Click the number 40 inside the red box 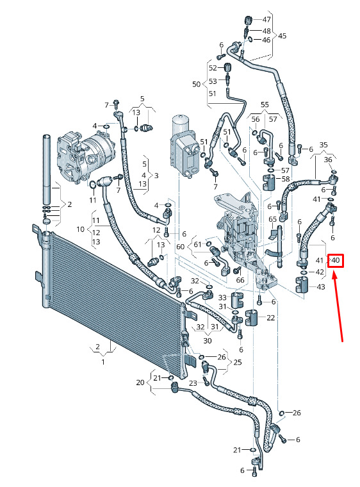[x=336, y=260]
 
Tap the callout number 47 [x=266, y=20]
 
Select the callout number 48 [x=266, y=31]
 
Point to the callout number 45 [x=282, y=36]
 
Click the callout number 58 [x=286, y=179]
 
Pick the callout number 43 [x=320, y=286]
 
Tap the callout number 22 [x=271, y=318]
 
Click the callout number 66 [x=240, y=280]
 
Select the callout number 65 [x=272, y=219]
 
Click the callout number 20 [x=140, y=383]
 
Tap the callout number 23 [x=193, y=383]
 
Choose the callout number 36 [x=328, y=160]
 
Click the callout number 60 [x=180, y=247]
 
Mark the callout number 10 [x=81, y=229]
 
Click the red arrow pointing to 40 [x=339, y=307]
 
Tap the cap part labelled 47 [x=247, y=21]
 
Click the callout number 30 [x=208, y=341]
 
